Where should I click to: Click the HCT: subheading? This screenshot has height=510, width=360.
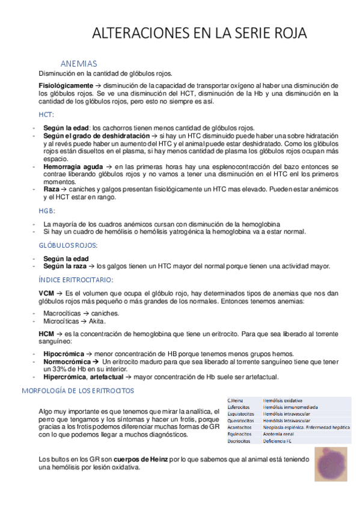click(x=46, y=114)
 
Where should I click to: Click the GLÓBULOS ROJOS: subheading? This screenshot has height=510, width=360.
click(x=67, y=245)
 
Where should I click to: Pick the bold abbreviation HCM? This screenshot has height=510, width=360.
click(x=47, y=333)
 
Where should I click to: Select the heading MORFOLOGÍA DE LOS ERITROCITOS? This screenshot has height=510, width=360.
click(x=78, y=390)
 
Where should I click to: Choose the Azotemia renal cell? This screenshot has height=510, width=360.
click(x=280, y=434)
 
